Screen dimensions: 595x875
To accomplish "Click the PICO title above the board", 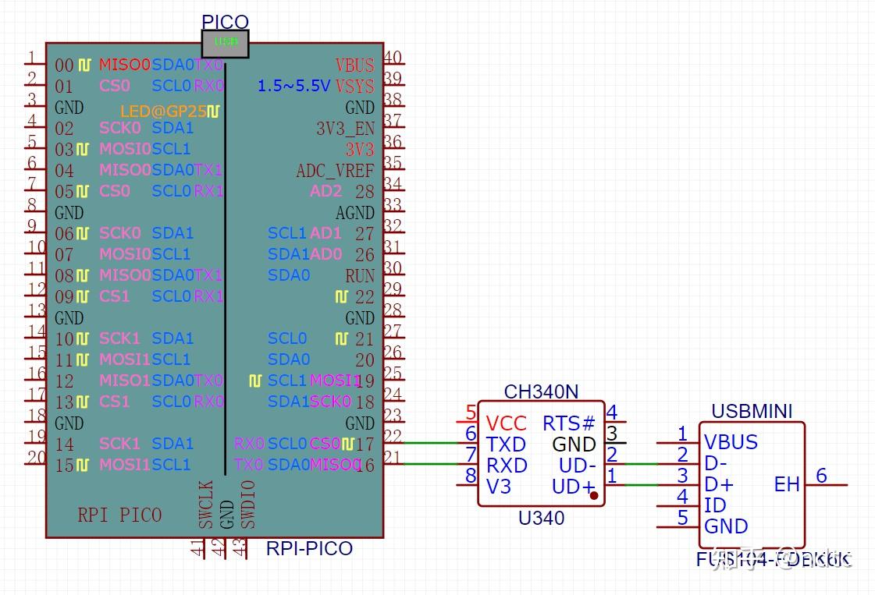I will coord(225,22).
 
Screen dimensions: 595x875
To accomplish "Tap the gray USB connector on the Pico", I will coord(225,44).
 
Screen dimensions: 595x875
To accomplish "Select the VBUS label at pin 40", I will coord(354,66).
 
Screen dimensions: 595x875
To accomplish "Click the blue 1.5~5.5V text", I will coord(293,86).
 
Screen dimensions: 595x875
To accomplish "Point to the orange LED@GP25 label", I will coord(163,112).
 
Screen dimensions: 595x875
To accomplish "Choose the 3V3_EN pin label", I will coord(344,129).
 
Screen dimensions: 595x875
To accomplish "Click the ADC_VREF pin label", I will coord(335,171).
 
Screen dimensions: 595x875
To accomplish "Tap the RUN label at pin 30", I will coord(359,276).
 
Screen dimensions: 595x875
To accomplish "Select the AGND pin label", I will coord(354,213).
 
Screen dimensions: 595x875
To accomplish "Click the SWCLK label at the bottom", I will coord(205,505).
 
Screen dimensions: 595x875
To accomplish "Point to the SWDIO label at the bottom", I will coord(247,505).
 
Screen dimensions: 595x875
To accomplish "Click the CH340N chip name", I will coord(541,391).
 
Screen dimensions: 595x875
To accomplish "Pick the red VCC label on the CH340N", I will coord(506,423).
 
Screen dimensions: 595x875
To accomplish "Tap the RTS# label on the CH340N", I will coord(568,423).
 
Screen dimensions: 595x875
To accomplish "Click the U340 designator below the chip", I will coord(541,518).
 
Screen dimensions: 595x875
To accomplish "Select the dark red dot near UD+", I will coord(594,495).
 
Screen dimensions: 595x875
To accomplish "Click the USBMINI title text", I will coord(752,411).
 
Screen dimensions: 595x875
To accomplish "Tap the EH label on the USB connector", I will coord(786,484).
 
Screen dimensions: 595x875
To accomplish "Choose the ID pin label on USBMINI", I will coord(715,505).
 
